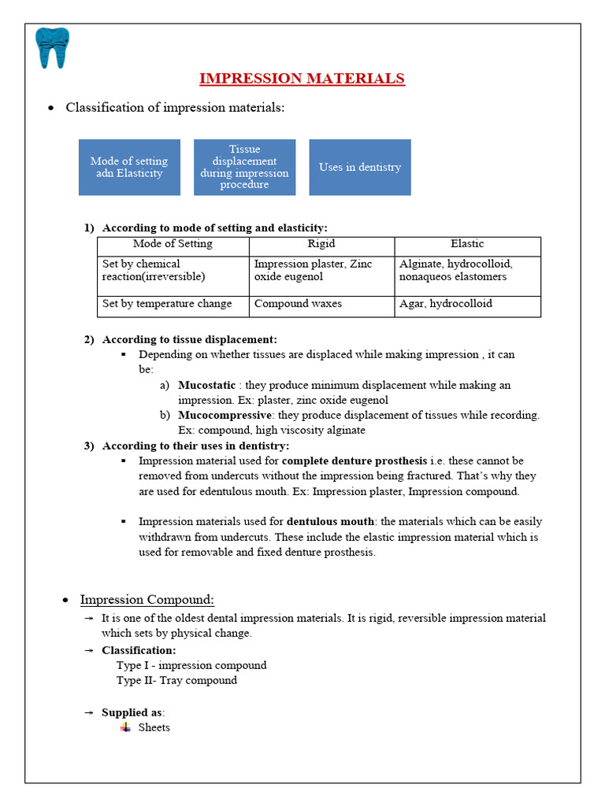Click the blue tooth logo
(53, 48)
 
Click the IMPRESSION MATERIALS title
(302, 78)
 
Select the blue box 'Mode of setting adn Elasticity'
(129, 167)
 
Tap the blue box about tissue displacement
(244, 167)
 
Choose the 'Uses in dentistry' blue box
(360, 167)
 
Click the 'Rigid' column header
(321, 244)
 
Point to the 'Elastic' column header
(467, 244)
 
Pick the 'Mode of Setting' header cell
(173, 244)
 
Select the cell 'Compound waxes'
(298, 304)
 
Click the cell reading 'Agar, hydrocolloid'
(446, 304)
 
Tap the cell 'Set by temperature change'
(167, 304)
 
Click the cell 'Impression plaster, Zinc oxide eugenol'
(314, 270)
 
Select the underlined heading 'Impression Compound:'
(147, 600)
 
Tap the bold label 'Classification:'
(139, 650)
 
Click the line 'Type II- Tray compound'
(176, 680)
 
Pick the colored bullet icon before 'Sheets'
(124, 727)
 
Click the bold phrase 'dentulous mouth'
(331, 521)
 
